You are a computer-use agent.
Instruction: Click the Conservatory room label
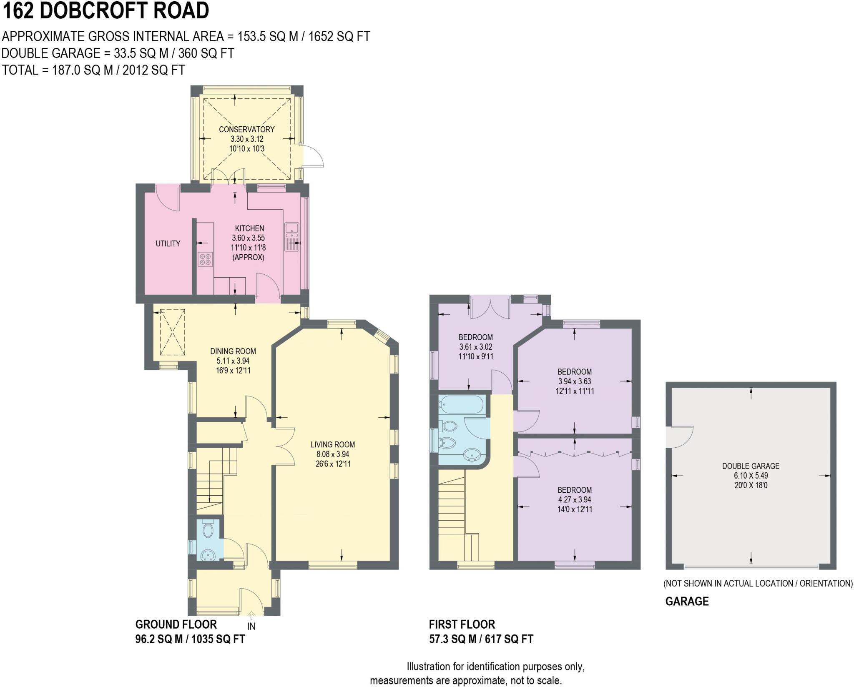coord(246,129)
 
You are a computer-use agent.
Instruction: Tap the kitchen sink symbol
coord(292,237)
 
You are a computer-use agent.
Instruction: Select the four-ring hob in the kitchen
coord(205,260)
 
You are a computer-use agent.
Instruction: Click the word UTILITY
coord(168,243)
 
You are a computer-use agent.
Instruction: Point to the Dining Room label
coord(233,351)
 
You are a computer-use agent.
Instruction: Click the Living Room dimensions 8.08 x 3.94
coord(333,454)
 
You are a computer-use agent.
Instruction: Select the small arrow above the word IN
coord(251,616)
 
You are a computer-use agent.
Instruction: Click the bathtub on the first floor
coord(461,404)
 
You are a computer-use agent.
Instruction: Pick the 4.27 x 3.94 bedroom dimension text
coord(575,499)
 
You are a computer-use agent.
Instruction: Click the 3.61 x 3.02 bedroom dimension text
coord(475,347)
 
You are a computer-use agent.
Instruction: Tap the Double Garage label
coord(751,466)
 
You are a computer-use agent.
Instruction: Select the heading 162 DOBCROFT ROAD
coord(105,11)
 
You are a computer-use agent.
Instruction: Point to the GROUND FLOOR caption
coord(176,624)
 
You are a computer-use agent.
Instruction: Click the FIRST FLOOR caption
coord(462,624)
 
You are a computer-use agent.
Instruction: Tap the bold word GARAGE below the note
coord(687,601)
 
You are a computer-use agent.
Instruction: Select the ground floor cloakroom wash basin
coord(208,554)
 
